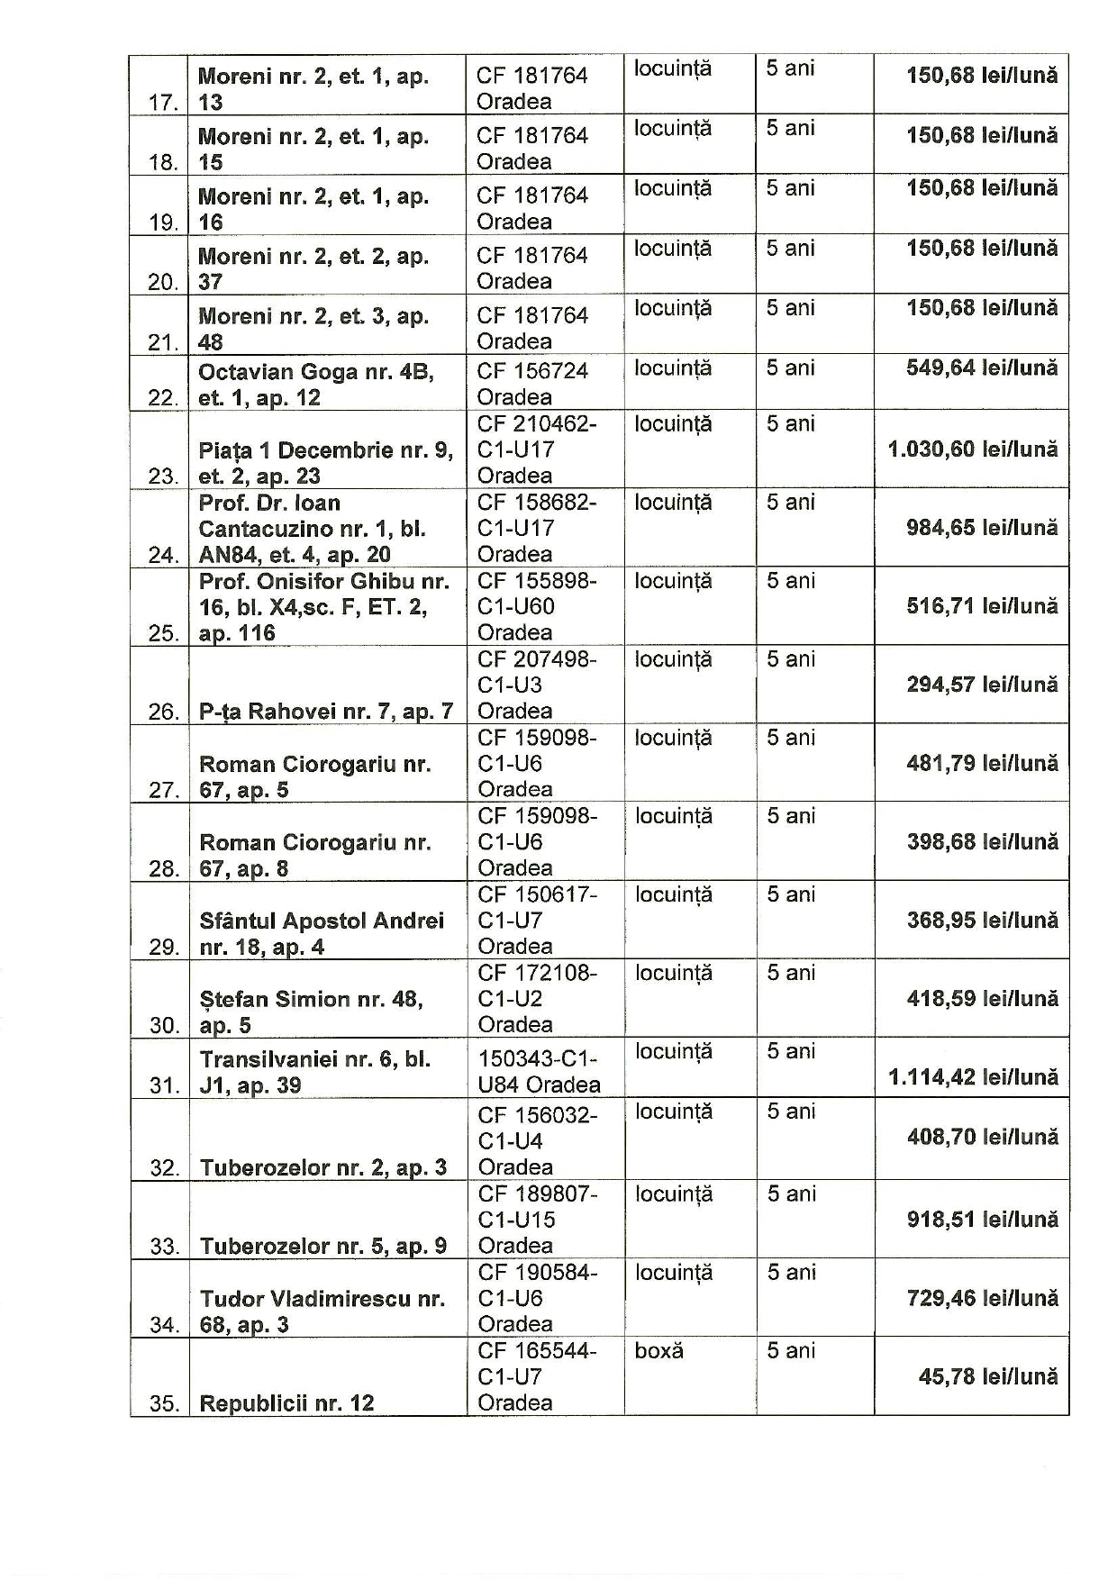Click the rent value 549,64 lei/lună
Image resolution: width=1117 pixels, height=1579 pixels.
click(x=982, y=368)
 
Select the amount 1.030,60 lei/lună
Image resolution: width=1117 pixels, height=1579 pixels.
click(x=973, y=449)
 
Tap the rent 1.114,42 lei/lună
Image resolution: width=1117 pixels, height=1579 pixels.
click(x=973, y=1077)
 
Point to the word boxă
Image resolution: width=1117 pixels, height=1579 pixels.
click(x=658, y=1351)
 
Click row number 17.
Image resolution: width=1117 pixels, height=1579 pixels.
click(x=163, y=103)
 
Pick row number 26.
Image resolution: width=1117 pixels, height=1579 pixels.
click(x=163, y=712)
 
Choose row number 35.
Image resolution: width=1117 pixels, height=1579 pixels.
click(x=164, y=1403)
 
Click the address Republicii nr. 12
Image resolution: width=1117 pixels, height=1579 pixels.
click(x=286, y=1403)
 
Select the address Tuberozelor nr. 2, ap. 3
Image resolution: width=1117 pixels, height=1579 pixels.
click(x=322, y=1168)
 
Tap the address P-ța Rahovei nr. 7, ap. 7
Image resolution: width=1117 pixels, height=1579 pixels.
click(x=325, y=712)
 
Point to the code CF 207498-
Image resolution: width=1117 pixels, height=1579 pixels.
click(x=537, y=660)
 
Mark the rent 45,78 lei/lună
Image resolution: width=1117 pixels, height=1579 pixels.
click(x=988, y=1376)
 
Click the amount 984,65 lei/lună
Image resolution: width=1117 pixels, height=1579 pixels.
click(x=982, y=528)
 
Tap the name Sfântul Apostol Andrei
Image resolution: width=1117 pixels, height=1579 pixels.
click(x=322, y=921)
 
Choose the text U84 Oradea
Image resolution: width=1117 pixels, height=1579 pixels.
click(x=539, y=1084)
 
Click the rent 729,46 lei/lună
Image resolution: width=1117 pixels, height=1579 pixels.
click(x=982, y=1298)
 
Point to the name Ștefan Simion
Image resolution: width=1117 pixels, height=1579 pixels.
click(x=274, y=1000)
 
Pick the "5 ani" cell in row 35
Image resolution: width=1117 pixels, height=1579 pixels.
click(x=791, y=1351)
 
